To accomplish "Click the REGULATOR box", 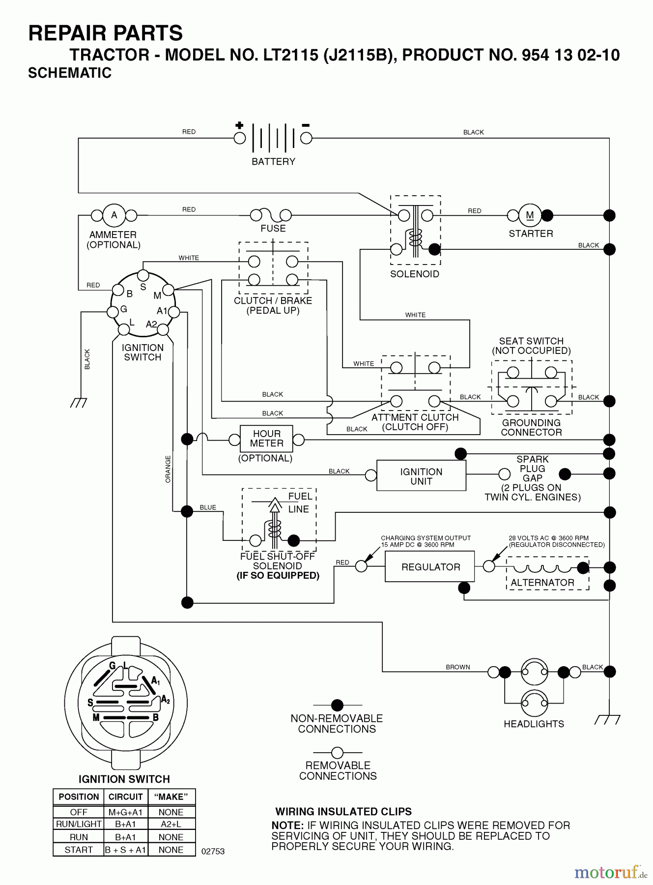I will click(430, 567).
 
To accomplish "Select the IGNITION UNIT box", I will click(421, 476).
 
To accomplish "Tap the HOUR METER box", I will click(266, 439).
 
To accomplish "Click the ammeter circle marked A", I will click(114, 215).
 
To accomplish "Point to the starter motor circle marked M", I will click(530, 215).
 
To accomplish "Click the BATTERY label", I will click(273, 161).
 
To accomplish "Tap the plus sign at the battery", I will click(239, 125).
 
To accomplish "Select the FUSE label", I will click(273, 228).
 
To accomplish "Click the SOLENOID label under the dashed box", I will click(415, 274).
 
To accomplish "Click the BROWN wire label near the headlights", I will click(458, 667).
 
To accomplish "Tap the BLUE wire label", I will click(208, 507).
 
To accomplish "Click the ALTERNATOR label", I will click(542, 583).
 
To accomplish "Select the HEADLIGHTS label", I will click(534, 724).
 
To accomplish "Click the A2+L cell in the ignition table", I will click(171, 824).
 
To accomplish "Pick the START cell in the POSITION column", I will click(79, 850).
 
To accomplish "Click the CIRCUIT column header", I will click(125, 797).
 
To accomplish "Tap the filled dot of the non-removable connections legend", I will click(337, 705).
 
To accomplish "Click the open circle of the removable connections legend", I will click(337, 752).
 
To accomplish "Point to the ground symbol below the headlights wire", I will click(607, 720).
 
